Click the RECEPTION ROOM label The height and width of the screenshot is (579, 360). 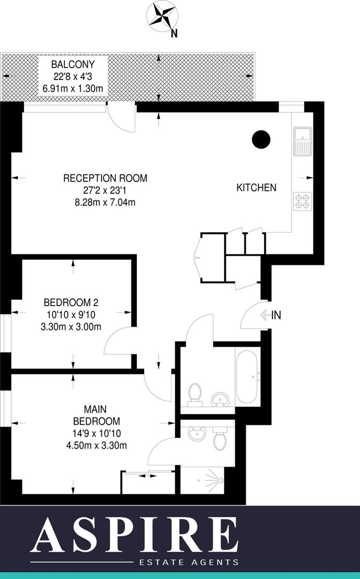coord(105,179)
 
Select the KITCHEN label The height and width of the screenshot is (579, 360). coord(256,188)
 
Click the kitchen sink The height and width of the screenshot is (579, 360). coord(302,140)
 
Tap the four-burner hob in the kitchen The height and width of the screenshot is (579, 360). coord(302,201)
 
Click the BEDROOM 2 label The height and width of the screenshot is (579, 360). coord(72,302)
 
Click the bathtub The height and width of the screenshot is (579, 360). coord(247,376)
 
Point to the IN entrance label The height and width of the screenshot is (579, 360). coord(276,316)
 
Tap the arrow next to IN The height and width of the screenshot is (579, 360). coord(266,316)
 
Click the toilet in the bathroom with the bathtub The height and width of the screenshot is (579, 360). coord(194,393)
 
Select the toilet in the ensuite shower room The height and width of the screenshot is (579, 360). coord(219,439)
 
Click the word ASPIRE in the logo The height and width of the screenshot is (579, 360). coord(134,535)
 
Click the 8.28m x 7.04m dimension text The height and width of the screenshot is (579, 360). coord(105,202)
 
